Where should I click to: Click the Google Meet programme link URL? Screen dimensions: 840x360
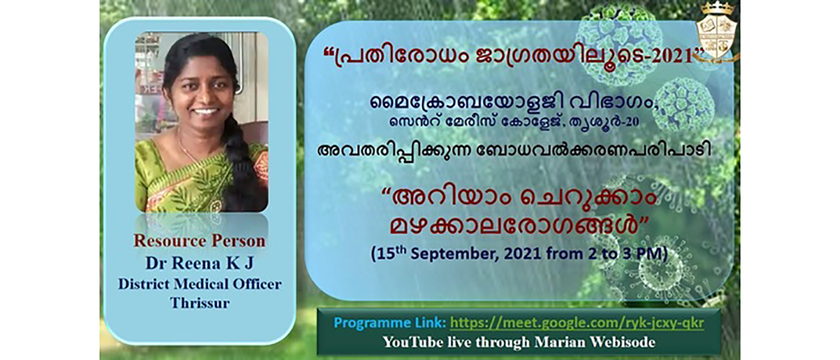[x=577, y=323]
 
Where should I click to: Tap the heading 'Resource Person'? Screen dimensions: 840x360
[x=199, y=241]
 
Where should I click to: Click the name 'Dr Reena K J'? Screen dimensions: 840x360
[x=199, y=263]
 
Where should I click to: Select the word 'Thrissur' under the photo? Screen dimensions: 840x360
[x=199, y=303]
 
